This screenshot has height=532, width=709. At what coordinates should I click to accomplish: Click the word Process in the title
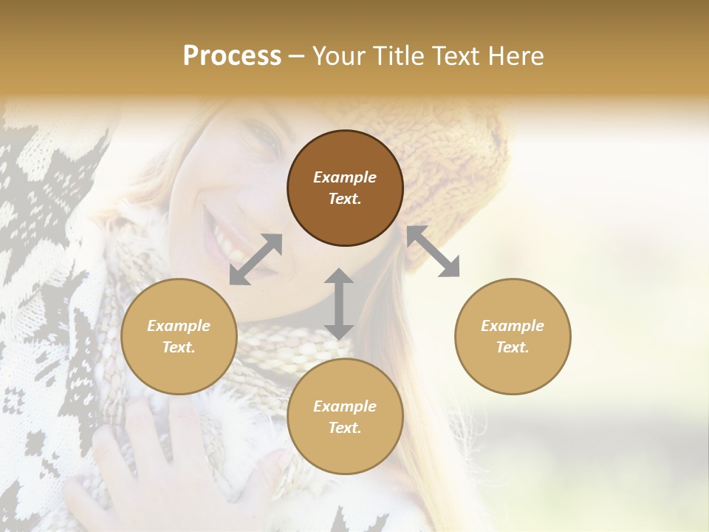coord(232,56)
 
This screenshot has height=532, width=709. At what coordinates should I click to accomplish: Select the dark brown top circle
coord(345,188)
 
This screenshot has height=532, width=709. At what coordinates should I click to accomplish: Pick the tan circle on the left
coord(179,336)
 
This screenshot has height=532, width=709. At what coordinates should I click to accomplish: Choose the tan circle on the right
coord(513,336)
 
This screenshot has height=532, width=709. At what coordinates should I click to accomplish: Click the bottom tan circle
coord(345,417)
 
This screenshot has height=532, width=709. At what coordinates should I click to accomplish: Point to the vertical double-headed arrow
coord(339,304)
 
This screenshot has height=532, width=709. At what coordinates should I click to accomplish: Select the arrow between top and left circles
coord(256,259)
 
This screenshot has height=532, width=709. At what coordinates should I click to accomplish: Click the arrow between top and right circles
coord(433,251)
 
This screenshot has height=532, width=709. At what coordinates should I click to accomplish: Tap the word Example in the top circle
coord(345,177)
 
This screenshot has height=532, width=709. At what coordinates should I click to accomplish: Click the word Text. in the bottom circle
coord(345,428)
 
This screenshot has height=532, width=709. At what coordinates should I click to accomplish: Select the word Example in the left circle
coord(179,326)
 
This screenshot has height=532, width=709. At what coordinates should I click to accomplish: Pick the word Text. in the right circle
coord(513,347)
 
